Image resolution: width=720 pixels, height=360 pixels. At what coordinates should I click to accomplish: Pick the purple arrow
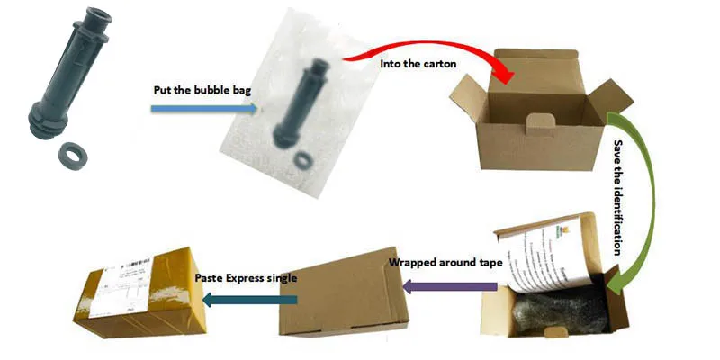point(449,286)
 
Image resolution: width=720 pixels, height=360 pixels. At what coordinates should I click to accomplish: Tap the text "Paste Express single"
point(246,278)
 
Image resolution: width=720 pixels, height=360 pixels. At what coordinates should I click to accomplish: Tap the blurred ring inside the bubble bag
point(307,158)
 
